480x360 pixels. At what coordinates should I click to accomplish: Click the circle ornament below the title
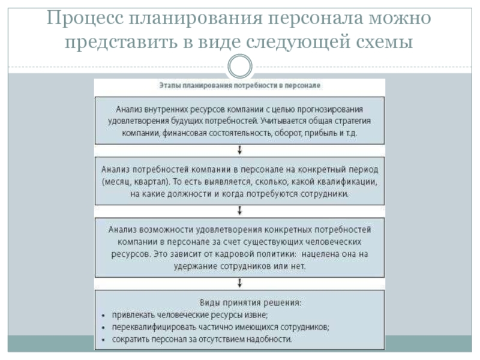click(x=240, y=66)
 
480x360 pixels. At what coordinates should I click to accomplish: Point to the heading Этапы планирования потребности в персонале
click(x=239, y=86)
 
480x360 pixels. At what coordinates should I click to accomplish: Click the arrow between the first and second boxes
click(x=240, y=149)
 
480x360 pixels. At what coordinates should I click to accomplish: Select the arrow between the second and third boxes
click(x=240, y=210)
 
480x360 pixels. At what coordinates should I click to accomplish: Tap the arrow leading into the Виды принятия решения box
click(x=240, y=284)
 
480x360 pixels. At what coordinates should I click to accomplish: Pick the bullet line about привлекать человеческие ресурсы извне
click(x=188, y=315)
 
